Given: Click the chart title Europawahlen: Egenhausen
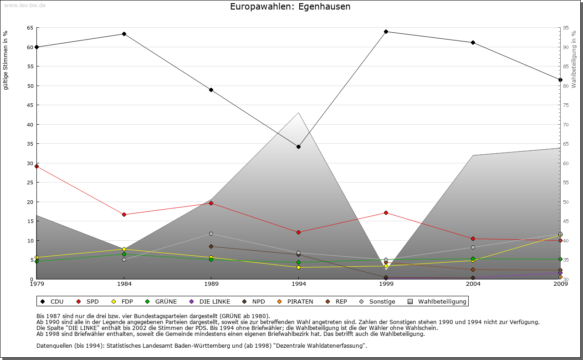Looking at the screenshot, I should (290, 7).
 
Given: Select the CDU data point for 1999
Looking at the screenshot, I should (386, 31).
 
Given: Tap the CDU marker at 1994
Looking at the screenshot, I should (298, 147).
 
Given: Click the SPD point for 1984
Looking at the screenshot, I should (124, 214).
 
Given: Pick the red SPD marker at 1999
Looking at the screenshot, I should (386, 213).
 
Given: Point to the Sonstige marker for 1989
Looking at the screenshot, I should (211, 233).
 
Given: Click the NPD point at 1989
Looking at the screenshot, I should (211, 246).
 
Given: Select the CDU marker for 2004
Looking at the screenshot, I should (473, 42).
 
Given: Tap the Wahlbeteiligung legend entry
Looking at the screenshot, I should (438, 301).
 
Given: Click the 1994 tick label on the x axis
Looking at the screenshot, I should (299, 285).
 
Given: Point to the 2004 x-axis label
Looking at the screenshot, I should (473, 285).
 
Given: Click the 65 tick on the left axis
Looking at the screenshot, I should (30, 28).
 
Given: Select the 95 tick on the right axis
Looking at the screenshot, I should (566, 28).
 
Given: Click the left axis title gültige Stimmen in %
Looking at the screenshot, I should (6, 61).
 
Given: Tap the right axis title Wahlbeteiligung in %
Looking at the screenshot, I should (574, 60).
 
